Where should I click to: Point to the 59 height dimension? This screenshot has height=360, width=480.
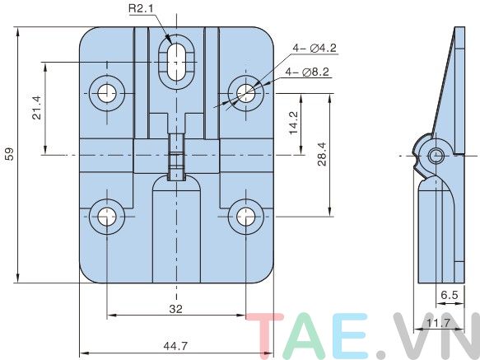(9, 154)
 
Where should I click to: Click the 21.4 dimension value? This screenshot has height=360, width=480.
(36, 108)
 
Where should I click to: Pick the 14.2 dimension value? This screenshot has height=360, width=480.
(294, 124)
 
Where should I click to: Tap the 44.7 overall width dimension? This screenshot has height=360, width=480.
(175, 346)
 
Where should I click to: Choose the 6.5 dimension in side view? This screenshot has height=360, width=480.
(450, 293)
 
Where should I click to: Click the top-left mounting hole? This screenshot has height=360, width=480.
(107, 93)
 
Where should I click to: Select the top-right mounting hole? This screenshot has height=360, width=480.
(245, 92)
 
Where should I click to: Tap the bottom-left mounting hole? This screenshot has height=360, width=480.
(107, 217)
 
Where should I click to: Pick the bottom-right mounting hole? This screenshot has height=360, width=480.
(245, 217)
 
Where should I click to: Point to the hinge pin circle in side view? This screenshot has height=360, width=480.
(436, 155)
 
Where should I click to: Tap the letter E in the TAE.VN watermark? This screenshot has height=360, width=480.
(353, 334)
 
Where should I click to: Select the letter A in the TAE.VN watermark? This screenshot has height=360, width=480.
(312, 334)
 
